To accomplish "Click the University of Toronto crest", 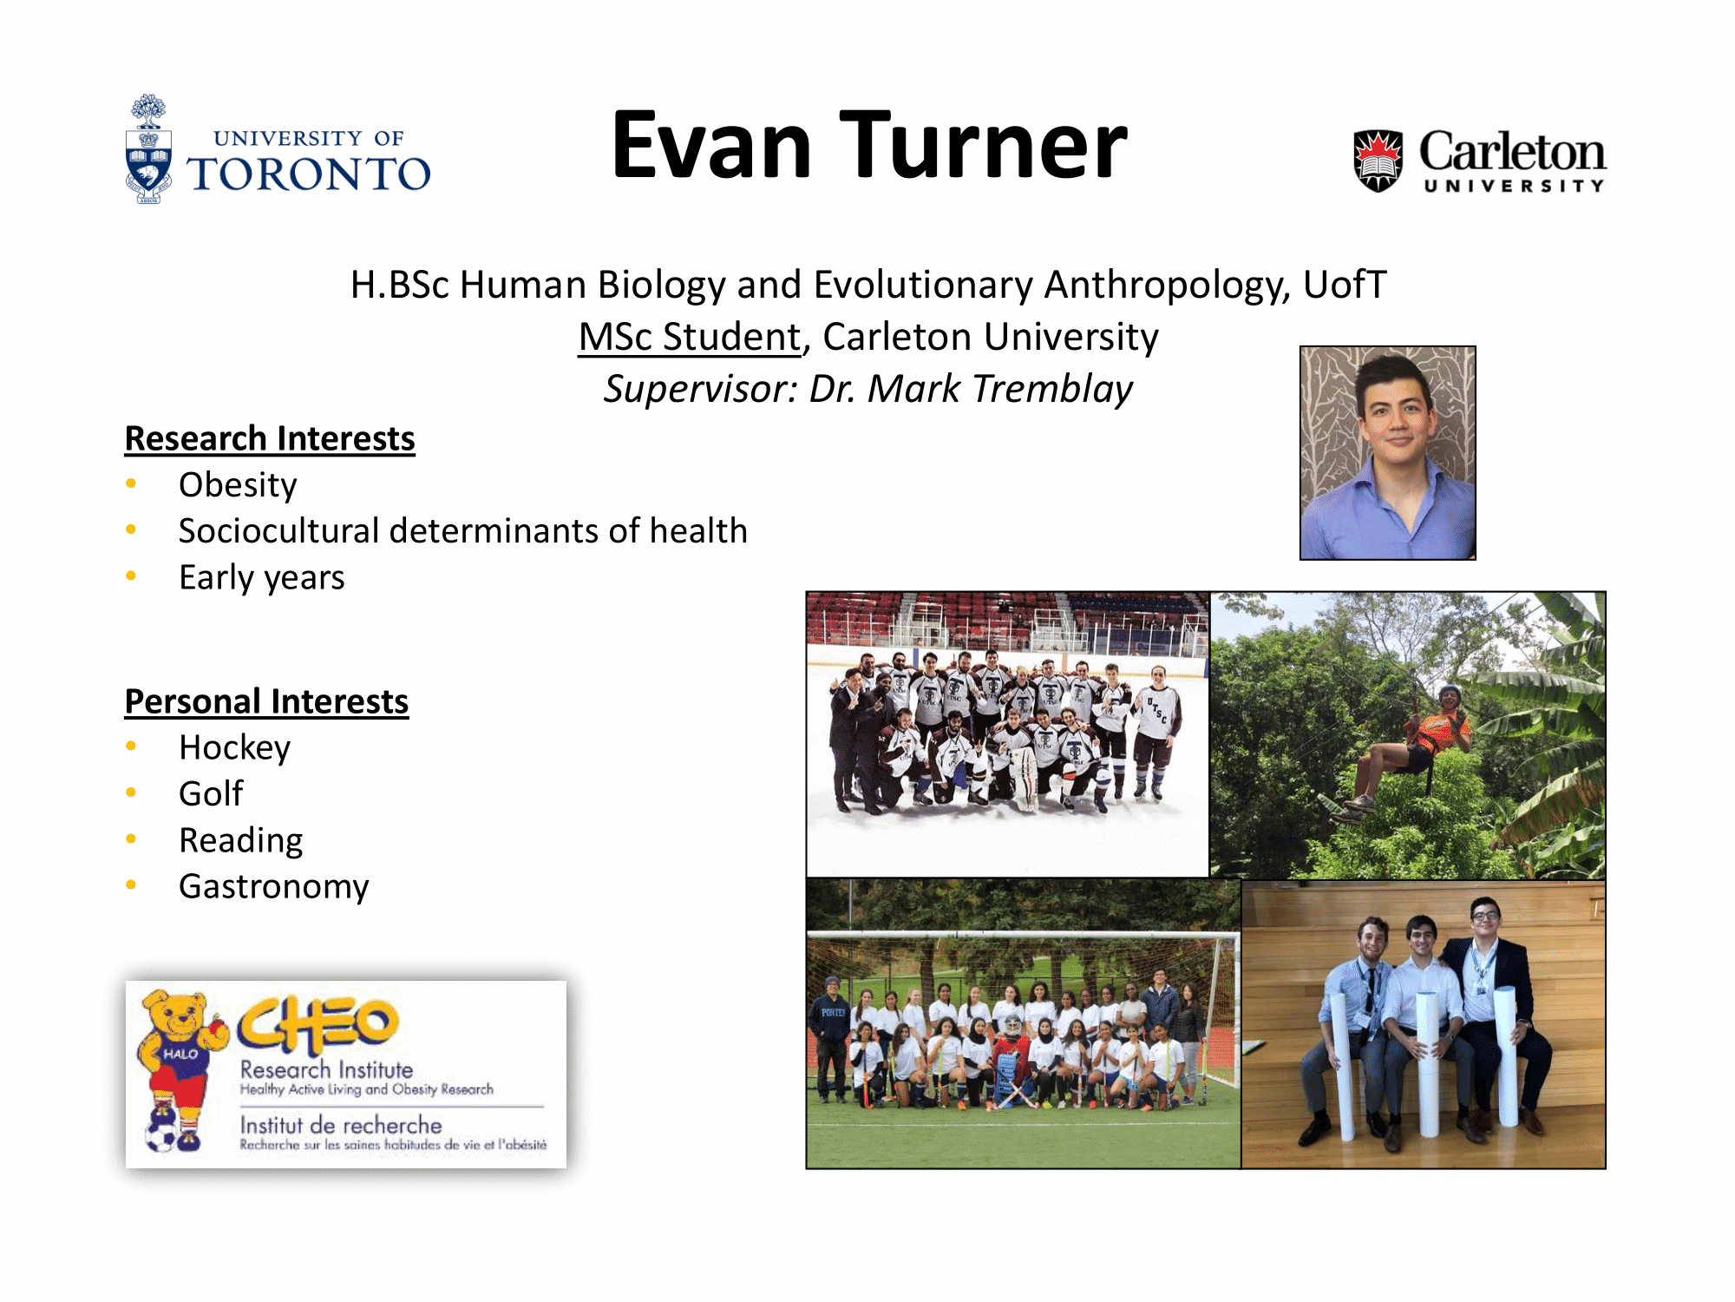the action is (x=148, y=149).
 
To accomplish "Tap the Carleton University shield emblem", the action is (x=1378, y=161).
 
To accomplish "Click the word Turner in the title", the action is (x=983, y=145).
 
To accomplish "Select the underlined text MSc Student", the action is (x=690, y=337).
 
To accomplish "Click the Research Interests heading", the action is (x=270, y=438).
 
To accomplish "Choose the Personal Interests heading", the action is (x=266, y=701).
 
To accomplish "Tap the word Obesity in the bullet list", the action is (x=238, y=485).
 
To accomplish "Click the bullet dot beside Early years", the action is (x=131, y=575).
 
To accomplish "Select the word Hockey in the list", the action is (x=234, y=747).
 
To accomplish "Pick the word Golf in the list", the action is (x=211, y=793).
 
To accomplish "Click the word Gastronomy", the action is (x=274, y=886).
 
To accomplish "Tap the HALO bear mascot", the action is (x=178, y=1070).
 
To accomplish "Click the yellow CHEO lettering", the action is (x=318, y=1024).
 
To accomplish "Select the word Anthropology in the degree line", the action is (x=1166, y=285).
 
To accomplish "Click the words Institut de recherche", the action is (x=341, y=1125).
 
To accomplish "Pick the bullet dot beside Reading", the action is (x=131, y=838).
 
